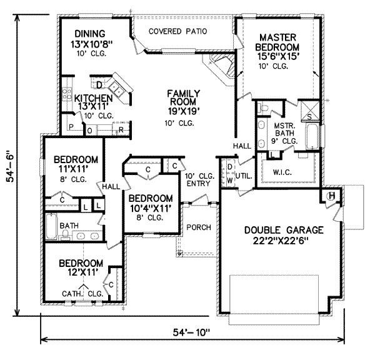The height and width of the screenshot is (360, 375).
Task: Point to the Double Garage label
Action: [284, 235]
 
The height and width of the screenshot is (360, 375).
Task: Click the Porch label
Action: [199, 227]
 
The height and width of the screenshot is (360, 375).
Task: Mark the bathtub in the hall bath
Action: [51, 226]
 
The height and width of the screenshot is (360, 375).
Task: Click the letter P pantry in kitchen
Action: [72, 127]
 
